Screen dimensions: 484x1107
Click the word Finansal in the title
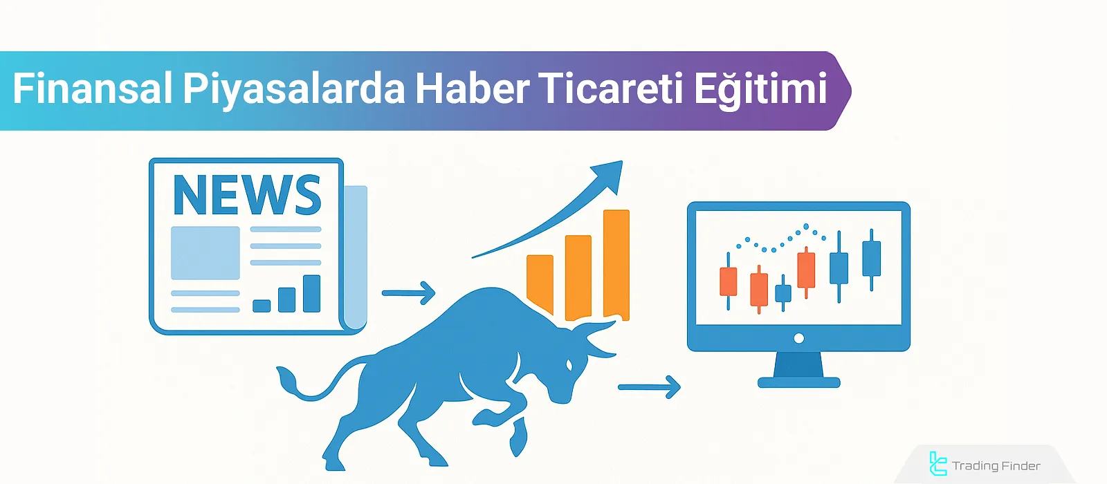coord(92,89)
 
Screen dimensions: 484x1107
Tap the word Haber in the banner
coord(472,89)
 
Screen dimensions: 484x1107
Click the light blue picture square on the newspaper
coord(205,252)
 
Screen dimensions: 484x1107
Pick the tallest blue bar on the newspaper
coord(312,293)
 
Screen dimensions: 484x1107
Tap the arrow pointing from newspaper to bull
coord(408,293)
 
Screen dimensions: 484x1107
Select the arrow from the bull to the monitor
coord(648,387)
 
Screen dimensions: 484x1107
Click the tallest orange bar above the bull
coord(616,263)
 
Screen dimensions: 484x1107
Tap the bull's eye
coord(569,364)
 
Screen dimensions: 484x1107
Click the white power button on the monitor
coord(799,338)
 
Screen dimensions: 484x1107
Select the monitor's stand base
coord(798,382)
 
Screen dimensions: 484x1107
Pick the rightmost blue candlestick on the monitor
coord(872,259)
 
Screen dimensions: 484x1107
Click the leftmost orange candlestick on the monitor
coord(728,281)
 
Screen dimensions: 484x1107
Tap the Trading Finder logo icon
coord(937,464)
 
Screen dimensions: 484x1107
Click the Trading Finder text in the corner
coord(996,466)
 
